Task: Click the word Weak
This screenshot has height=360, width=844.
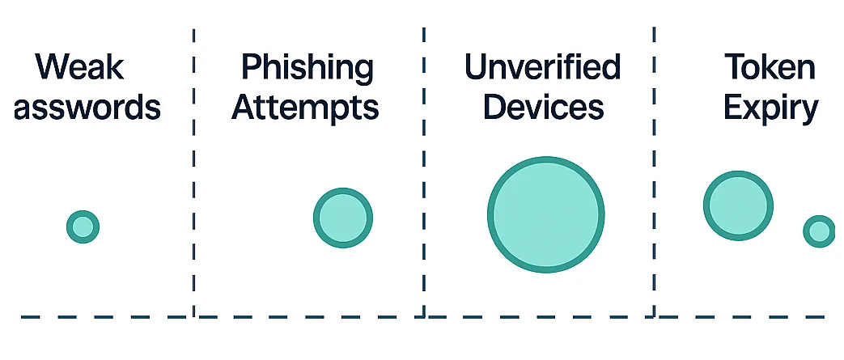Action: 80,66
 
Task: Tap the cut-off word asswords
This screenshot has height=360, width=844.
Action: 87,107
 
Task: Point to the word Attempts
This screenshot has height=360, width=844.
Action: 305,107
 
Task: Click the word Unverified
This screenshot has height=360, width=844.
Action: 542,66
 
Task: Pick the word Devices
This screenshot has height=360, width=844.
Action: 543,107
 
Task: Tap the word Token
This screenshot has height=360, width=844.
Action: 770,66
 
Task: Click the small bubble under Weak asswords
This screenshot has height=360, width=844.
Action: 83,227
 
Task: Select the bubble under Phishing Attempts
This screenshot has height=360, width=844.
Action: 343,218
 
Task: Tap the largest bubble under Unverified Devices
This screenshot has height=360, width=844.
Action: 546,215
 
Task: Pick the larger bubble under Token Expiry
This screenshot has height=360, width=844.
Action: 738,205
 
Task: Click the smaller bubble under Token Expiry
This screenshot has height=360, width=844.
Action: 819,231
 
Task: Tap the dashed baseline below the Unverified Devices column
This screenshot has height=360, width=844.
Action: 539,316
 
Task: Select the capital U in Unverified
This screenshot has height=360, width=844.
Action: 477,66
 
